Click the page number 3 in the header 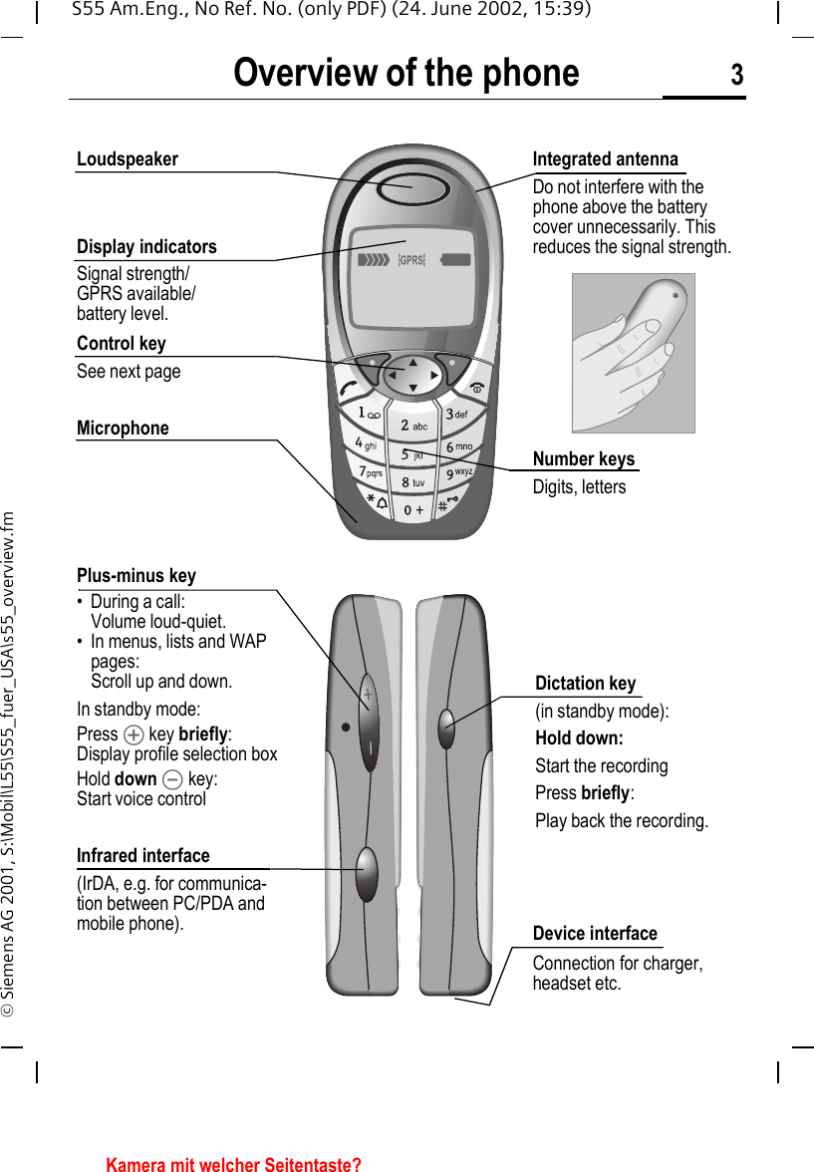[736, 75]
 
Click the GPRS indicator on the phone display [410, 260]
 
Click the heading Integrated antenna [605, 159]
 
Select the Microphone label [123, 428]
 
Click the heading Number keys [583, 459]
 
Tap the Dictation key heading [585, 684]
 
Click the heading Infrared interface [143, 856]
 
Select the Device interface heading [595, 934]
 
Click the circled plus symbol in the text [134, 734]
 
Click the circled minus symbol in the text [172, 779]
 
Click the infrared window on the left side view [367, 873]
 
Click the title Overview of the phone [406, 74]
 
